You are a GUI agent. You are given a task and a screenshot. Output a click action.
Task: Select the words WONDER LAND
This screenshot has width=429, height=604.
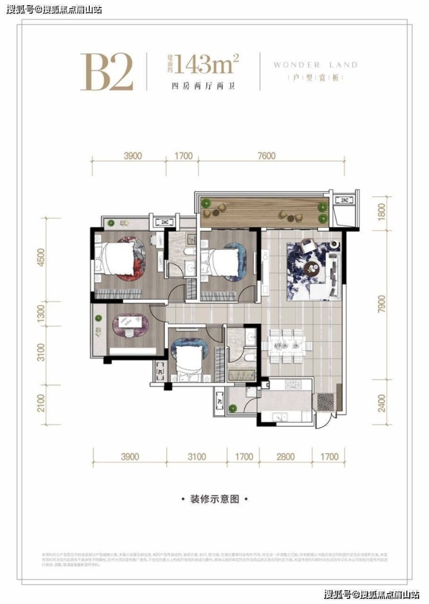click(315, 65)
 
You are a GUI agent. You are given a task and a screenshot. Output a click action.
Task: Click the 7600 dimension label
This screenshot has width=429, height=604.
click(266, 156)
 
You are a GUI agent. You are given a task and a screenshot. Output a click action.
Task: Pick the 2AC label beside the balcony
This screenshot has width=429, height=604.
click(344, 200)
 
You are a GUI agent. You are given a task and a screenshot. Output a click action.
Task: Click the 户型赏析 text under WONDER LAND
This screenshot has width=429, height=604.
click(316, 78)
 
